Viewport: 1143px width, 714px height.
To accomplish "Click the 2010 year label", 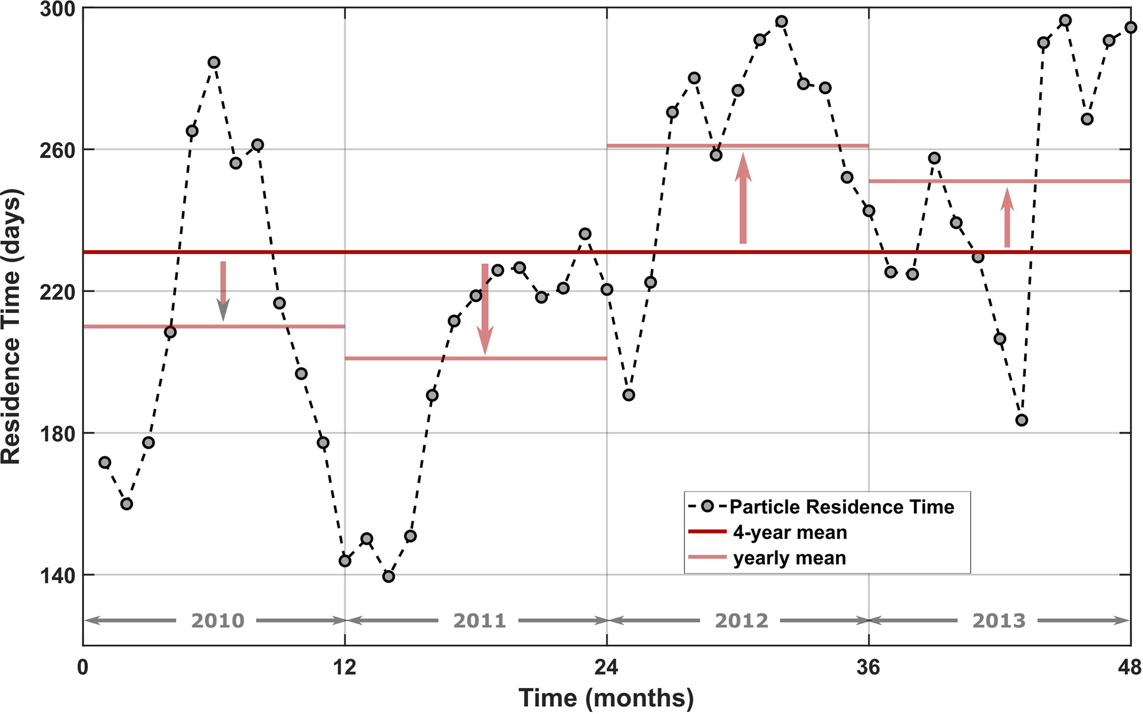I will [218, 620].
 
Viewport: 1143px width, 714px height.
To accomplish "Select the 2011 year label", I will [480, 620].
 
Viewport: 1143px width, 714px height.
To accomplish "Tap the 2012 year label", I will [742, 620].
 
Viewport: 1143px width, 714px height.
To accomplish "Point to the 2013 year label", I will [999, 620].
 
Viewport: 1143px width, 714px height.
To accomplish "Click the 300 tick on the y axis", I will [56, 10].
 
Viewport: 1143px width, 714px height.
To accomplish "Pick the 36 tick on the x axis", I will [869, 668].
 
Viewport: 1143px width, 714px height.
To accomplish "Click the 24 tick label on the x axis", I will [606, 668].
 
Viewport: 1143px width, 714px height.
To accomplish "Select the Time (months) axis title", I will [606, 698].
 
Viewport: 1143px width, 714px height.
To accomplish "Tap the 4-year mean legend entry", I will [790, 533].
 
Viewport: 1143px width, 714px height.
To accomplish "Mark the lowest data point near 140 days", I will [389, 576].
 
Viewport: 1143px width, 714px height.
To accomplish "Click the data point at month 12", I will [345, 560].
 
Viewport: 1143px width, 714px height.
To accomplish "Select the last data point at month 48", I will [1130, 27].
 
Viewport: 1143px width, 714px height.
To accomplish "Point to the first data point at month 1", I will [105, 462].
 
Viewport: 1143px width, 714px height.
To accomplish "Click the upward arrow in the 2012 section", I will [743, 198].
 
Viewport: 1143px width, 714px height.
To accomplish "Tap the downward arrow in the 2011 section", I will [485, 309].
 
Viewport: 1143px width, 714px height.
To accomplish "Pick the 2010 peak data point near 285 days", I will [214, 62].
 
